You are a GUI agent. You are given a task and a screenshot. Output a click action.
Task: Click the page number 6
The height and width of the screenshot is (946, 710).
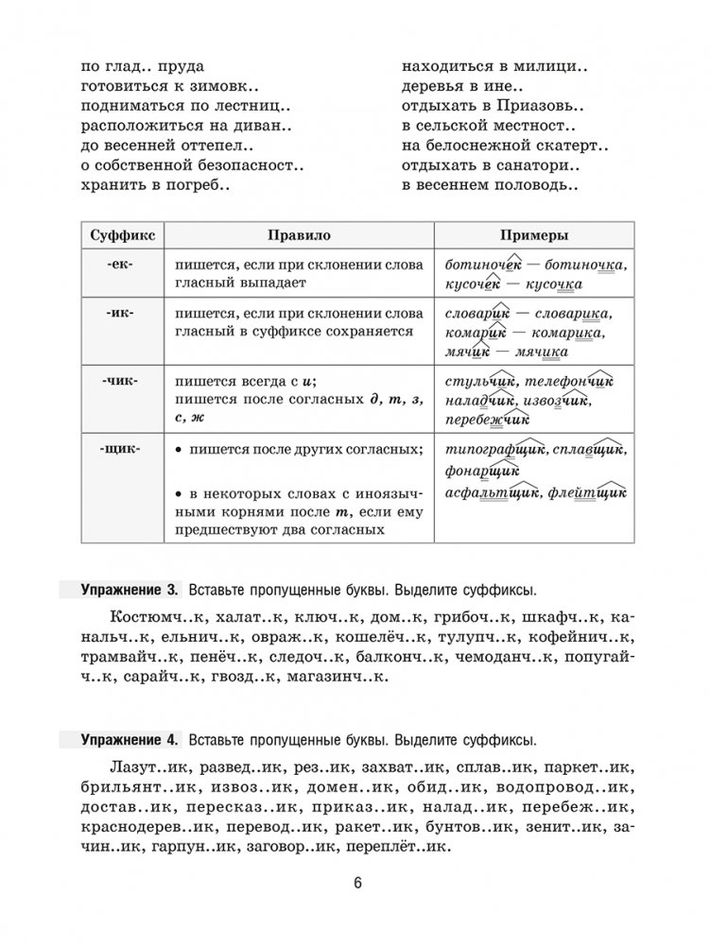pos(356,883)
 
